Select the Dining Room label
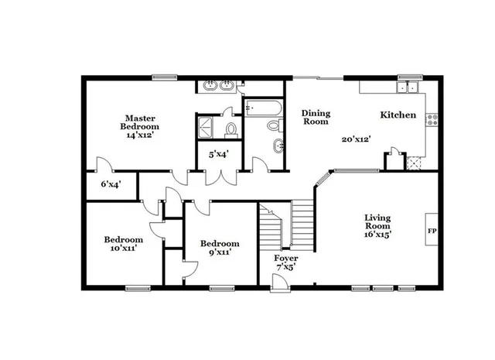pyautogui.click(x=316, y=117)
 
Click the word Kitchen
pyautogui.click(x=398, y=115)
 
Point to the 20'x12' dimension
pyautogui.click(x=357, y=140)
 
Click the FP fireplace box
pyautogui.click(x=431, y=231)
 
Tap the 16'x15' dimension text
pyautogui.click(x=378, y=235)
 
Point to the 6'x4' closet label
pyautogui.click(x=112, y=185)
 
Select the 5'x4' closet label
pyautogui.click(x=218, y=154)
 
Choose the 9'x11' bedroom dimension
pyautogui.click(x=220, y=252)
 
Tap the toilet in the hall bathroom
pyautogui.click(x=274, y=125)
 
